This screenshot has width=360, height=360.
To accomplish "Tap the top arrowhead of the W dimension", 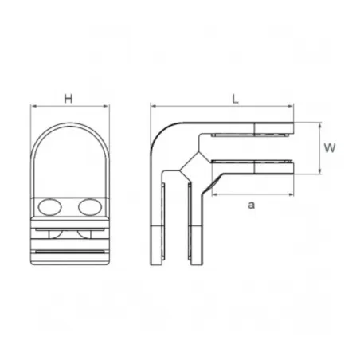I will click(x=318, y=124).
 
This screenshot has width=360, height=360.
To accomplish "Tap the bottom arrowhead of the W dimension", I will click(x=318, y=171).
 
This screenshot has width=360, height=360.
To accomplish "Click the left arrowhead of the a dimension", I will click(x=213, y=194).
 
